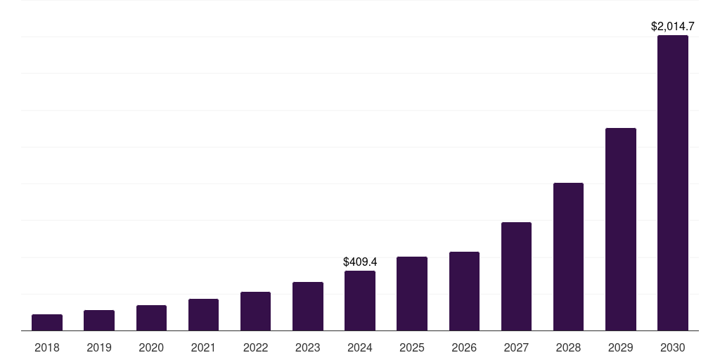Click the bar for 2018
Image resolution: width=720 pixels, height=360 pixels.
pyautogui.click(x=47, y=323)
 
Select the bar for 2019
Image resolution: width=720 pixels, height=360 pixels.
pyautogui.click(x=99, y=321)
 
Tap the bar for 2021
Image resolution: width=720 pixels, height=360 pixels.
pyautogui.click(x=203, y=315)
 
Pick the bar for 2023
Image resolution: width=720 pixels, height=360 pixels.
pyautogui.click(x=308, y=307)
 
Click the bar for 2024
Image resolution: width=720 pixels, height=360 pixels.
pyautogui.click(x=360, y=301)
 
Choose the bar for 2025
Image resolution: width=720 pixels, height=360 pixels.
pyautogui.click(x=412, y=294)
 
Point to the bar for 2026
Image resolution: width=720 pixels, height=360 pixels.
pyautogui.click(x=464, y=291)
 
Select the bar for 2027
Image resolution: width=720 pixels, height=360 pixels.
pyautogui.click(x=516, y=276)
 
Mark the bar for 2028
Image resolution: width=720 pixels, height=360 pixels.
pyautogui.click(x=568, y=257)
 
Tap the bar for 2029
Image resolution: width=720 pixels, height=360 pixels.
pyautogui.click(x=621, y=229)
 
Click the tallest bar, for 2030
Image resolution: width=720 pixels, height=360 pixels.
pyautogui.click(x=673, y=183)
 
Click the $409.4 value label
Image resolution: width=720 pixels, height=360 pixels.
pyautogui.click(x=360, y=262)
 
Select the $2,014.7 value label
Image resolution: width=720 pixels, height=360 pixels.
pyautogui.click(x=673, y=27)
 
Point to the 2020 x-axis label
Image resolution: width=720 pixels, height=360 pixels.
pyautogui.click(x=151, y=347)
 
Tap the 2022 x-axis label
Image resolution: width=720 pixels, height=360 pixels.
pyautogui.click(x=255, y=347)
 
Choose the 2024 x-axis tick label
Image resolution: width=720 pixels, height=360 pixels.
pyautogui.click(x=360, y=347)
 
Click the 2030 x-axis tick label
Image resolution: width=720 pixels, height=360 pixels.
pyautogui.click(x=673, y=347)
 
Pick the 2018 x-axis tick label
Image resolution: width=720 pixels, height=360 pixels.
pyautogui.click(x=47, y=347)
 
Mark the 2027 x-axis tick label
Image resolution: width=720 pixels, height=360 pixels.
pyautogui.click(x=516, y=347)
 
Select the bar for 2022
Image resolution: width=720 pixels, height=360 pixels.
pyautogui.click(x=255, y=311)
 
